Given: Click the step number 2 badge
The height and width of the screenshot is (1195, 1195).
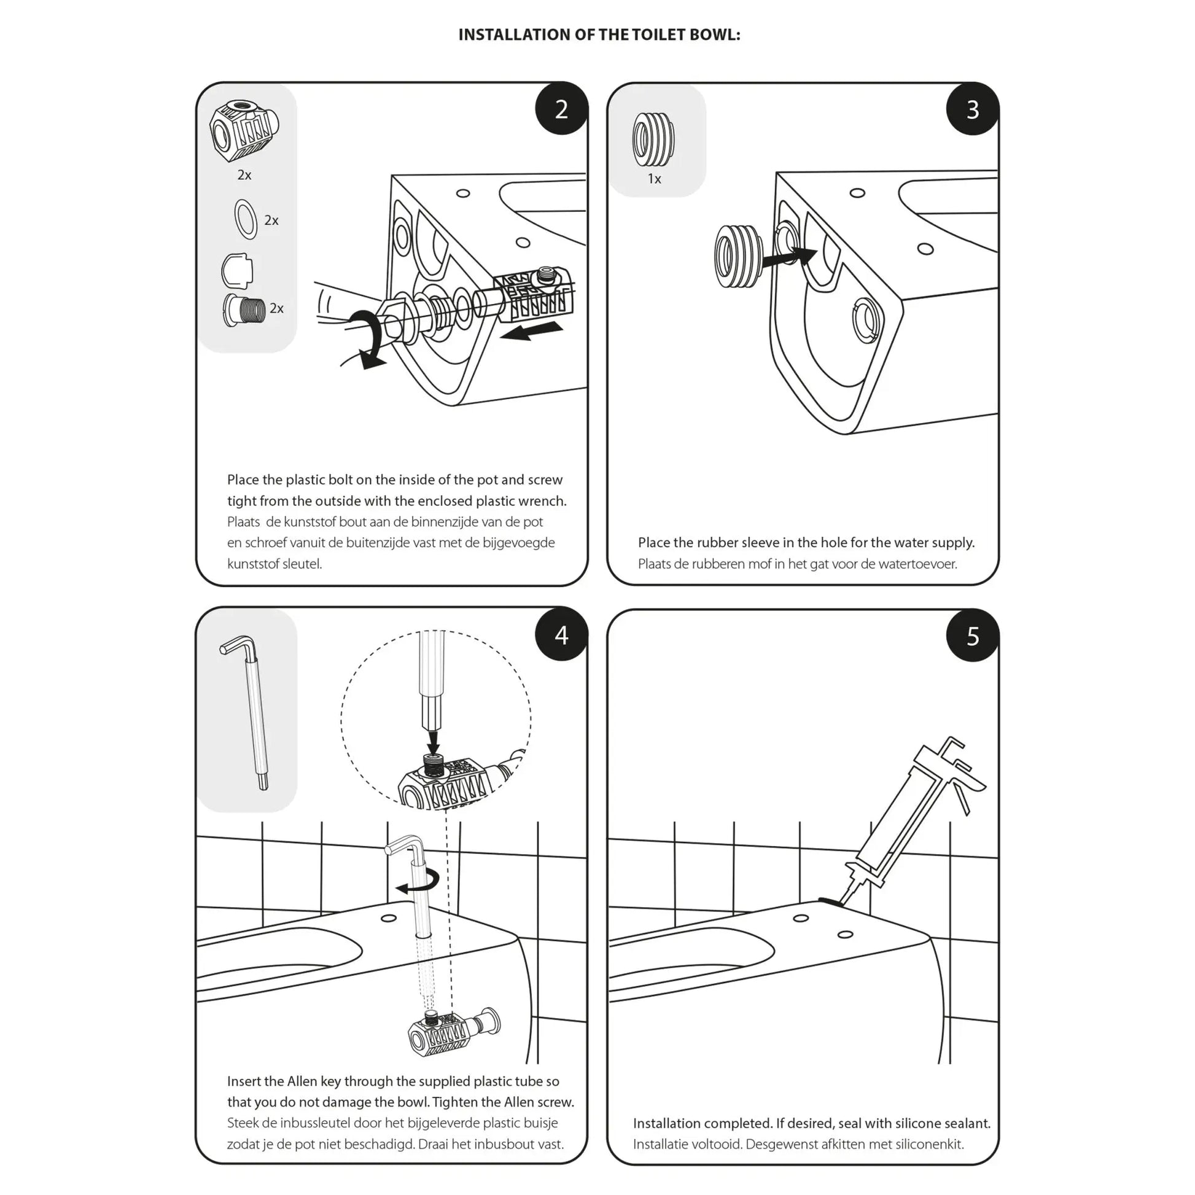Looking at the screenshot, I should (561, 109).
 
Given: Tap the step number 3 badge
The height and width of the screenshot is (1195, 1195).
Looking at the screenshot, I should (972, 109).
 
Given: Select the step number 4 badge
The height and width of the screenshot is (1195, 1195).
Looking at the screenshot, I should (561, 635).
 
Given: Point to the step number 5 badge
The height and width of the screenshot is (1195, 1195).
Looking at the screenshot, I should (972, 636).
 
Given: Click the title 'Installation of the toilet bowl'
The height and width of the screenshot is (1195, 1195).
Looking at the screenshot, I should (599, 34).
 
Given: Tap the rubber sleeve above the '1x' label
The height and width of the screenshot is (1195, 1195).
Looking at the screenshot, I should (654, 139).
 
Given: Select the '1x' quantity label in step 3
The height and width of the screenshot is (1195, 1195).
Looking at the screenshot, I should (655, 179).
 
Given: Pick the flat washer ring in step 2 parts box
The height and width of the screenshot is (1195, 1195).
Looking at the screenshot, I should (246, 219).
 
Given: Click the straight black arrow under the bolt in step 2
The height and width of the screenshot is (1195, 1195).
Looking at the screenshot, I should (532, 332).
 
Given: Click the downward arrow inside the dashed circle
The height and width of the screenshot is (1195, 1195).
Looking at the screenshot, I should (434, 739).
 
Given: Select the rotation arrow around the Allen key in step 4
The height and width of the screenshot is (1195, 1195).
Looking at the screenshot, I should (421, 882).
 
